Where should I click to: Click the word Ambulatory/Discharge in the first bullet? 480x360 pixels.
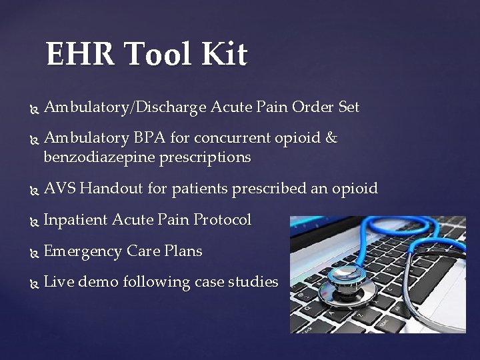point(125,107)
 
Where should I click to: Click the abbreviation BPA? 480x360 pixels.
point(150,138)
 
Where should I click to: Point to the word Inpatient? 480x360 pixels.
point(75,220)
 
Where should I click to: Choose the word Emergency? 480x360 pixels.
point(83,252)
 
